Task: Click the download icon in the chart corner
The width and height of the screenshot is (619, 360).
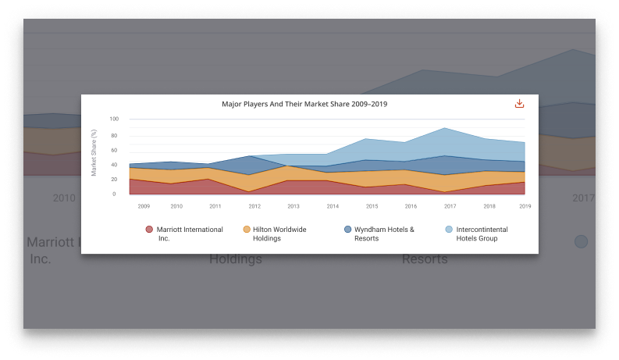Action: [519, 104]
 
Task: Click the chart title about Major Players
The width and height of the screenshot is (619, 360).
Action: [304, 104]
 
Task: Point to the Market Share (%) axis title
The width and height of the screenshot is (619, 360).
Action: [94, 156]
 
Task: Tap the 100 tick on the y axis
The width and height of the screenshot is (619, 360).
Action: [113, 119]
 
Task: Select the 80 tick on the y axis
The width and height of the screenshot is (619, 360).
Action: [115, 134]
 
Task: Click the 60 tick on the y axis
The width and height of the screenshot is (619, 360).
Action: [115, 149]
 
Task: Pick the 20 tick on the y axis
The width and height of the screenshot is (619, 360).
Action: [115, 179]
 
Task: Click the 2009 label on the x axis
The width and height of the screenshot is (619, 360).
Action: [144, 206]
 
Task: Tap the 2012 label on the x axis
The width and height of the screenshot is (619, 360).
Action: [254, 206]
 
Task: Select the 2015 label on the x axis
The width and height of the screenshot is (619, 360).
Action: [372, 206]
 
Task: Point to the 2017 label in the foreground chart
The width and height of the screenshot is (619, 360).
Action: [450, 206]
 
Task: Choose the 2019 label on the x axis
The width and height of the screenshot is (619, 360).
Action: [524, 206]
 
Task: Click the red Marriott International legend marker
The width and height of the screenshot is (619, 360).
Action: [148, 230]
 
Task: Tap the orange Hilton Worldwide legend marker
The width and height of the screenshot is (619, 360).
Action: [247, 230]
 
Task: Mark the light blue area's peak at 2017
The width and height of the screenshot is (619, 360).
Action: [444, 128]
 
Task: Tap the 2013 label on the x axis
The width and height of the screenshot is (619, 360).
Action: [293, 206]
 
